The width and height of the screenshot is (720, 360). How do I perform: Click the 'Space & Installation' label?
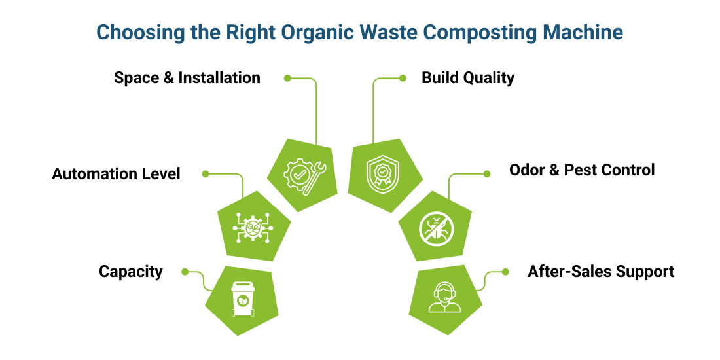tap(187, 78)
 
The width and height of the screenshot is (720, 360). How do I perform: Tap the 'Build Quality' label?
tap(468, 78)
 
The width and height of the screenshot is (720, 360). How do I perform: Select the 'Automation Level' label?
tap(117, 174)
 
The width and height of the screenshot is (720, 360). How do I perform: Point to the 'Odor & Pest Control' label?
tap(582, 170)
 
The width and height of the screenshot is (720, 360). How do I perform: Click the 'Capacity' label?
tap(131, 272)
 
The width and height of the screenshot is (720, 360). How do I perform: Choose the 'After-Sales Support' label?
tap(601, 271)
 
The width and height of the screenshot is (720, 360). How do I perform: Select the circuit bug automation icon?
tap(252, 228)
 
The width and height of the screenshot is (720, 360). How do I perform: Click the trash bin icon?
tap(242, 299)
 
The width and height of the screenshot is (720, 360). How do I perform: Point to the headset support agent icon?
tap(445, 298)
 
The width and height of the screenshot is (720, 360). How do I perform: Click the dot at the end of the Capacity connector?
tap(185, 272)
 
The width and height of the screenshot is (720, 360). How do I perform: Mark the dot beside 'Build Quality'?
tap(403, 78)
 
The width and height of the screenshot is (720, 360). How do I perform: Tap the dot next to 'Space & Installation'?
tap(287, 78)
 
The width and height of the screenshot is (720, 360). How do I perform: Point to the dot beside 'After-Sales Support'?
tap(505, 272)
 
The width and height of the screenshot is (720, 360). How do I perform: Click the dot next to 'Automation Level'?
tap(205, 174)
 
